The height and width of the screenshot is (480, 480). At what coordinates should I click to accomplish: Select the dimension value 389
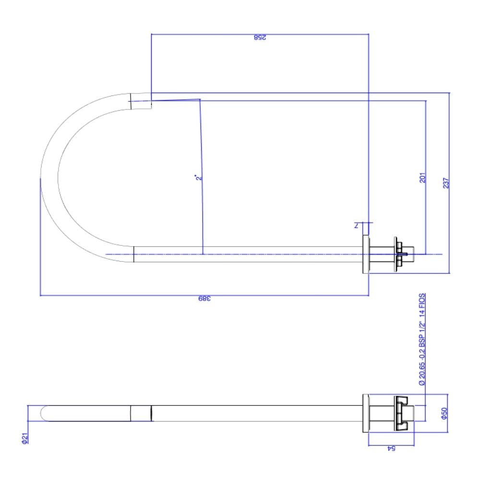[x=205, y=300]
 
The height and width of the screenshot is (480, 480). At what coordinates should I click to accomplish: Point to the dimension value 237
[x=445, y=183]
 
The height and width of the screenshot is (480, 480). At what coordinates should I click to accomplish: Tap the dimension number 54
[x=391, y=449]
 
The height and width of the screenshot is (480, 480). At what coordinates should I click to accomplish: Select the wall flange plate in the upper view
[x=366, y=255]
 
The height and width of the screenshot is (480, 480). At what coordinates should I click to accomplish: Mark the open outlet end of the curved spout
[x=141, y=101]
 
